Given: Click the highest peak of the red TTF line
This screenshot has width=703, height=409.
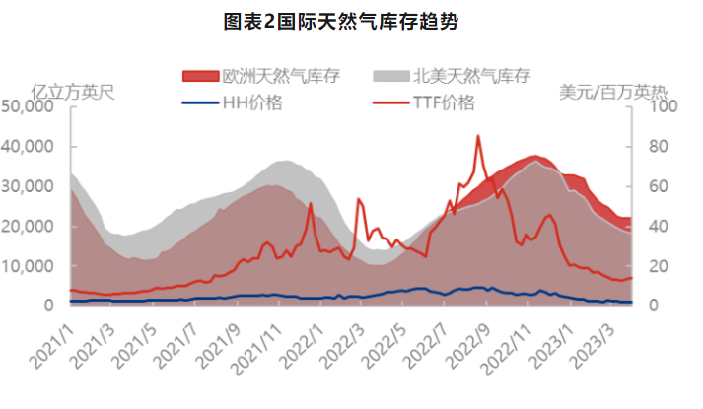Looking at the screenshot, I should (x=478, y=136).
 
